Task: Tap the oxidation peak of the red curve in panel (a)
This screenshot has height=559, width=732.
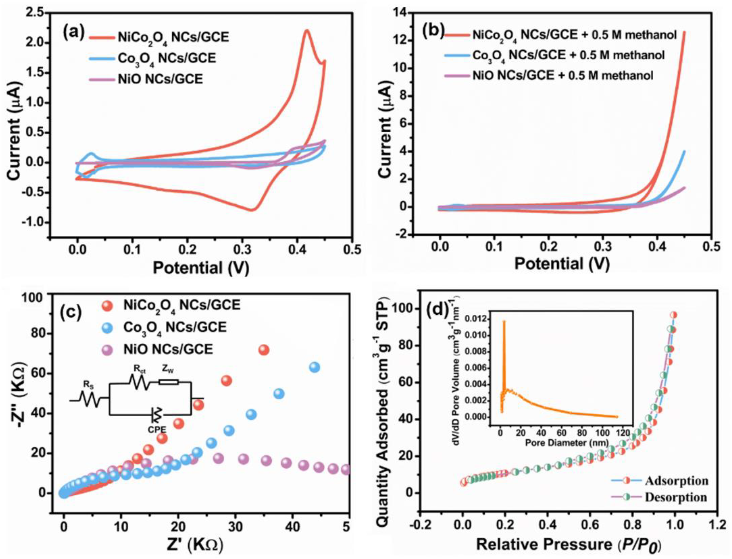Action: [x=307, y=31]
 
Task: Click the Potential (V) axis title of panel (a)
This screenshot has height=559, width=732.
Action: [x=201, y=267]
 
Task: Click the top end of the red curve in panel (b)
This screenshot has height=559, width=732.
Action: [x=684, y=32]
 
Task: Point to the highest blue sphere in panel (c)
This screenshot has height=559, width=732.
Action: [x=314, y=367]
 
